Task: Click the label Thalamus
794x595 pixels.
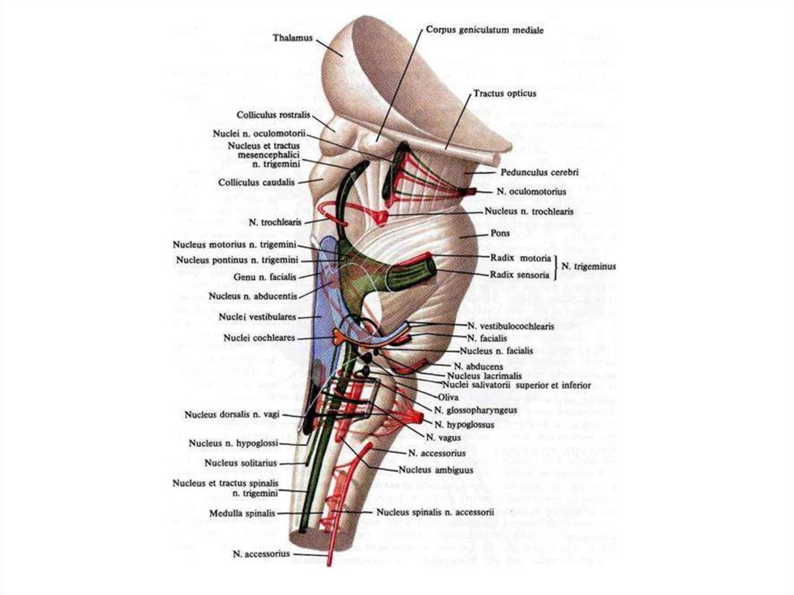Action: click(x=294, y=37)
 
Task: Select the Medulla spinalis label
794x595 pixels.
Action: click(x=243, y=514)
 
